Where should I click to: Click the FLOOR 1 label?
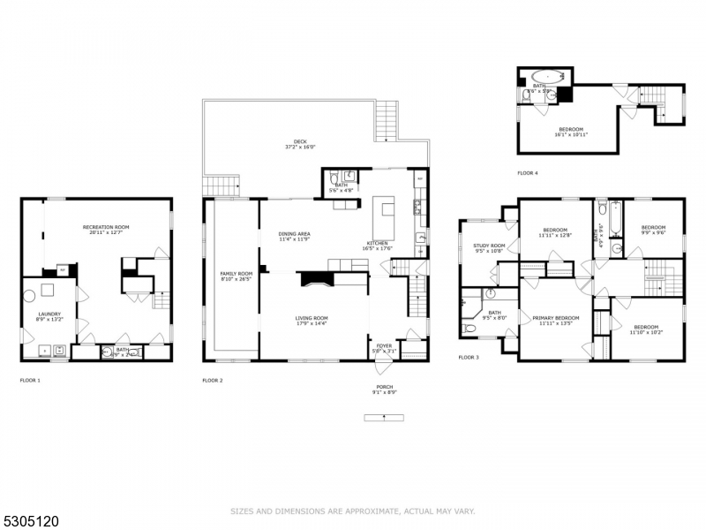[30, 380]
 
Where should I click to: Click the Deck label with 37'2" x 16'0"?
[300, 145]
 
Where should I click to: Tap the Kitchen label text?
[377, 245]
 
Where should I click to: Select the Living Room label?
[312, 321]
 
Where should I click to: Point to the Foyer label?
[384, 348]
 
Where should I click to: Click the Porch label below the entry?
[384, 390]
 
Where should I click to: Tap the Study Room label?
[488, 248]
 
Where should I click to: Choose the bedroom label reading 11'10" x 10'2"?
[644, 329]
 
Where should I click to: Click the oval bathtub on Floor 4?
[547, 78]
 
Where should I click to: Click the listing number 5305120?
[30, 521]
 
